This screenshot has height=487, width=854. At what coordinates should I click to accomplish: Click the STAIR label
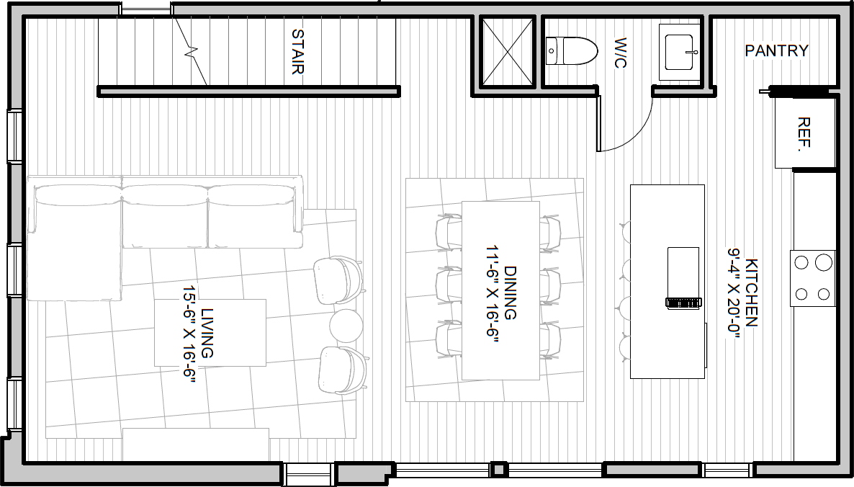(298, 51)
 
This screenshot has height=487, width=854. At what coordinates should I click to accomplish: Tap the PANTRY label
(777, 50)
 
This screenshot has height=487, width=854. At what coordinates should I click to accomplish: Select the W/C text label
(621, 53)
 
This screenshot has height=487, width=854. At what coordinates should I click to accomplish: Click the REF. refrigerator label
(804, 133)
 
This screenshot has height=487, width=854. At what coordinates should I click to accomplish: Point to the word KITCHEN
(751, 292)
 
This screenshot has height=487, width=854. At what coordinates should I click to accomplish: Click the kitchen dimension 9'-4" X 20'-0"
(734, 294)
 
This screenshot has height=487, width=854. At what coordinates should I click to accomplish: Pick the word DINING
(511, 292)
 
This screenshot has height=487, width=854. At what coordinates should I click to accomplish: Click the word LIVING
(207, 333)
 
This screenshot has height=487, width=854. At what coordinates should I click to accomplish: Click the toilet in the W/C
(571, 51)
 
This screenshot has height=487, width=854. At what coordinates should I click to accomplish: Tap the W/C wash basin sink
(679, 53)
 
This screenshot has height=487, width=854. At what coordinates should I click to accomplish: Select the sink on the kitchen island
(683, 278)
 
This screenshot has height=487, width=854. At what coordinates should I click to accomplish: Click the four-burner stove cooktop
(813, 278)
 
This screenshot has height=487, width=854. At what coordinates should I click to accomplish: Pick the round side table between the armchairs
(346, 326)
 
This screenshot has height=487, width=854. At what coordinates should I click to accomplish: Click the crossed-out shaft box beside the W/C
(507, 52)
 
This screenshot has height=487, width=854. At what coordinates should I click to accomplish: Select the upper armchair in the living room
(338, 280)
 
